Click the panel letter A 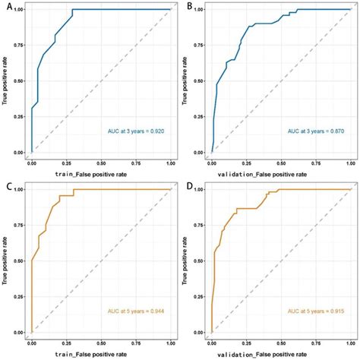[x=9, y=7]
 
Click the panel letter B [x=190, y=7]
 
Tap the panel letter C [x=9, y=187]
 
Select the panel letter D [x=190, y=187]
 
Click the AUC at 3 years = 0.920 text [x=136, y=131]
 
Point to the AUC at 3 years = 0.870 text [x=316, y=131]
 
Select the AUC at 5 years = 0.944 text [x=136, y=311]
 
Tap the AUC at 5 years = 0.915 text [x=316, y=311]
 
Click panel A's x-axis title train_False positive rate [x=91, y=175]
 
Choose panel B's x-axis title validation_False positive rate [x=262, y=175]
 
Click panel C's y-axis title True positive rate [x=5, y=261]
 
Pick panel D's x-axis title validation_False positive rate [x=262, y=355]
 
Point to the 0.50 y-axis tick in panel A [x=21, y=81]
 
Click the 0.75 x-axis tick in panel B [x=316, y=163]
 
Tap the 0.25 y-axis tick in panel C [x=21, y=297]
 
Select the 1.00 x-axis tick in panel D [x=351, y=343]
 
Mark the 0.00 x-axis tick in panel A [x=32, y=163]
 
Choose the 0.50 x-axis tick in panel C [x=101, y=343]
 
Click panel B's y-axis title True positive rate [x=185, y=81]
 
